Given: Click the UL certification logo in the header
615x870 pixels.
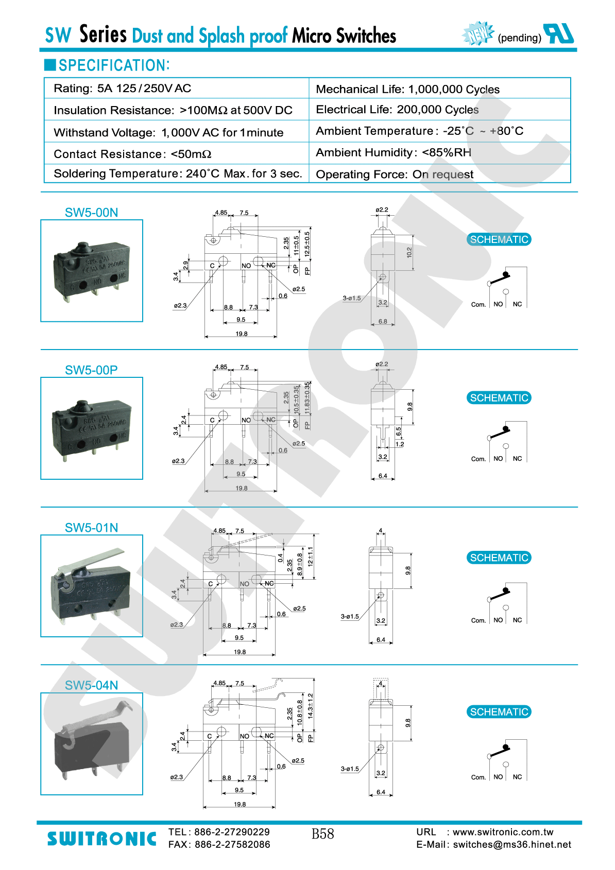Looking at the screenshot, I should [x=559, y=34].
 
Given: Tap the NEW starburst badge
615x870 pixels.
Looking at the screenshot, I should [x=478, y=34].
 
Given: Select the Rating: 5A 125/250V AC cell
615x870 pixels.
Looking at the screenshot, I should [x=123, y=89].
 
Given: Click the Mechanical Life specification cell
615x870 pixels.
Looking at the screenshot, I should [x=407, y=89].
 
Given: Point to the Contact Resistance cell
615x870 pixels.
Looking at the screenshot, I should [x=132, y=154].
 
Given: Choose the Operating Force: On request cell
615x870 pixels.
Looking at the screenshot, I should [x=395, y=175].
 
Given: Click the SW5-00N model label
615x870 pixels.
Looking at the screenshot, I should [x=91, y=213].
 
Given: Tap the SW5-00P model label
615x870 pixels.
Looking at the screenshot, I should [x=91, y=370].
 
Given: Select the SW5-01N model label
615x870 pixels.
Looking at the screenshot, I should [x=91, y=528].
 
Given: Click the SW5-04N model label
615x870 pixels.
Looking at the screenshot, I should [x=91, y=685].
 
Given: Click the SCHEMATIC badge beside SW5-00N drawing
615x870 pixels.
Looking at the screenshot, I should [x=499, y=239].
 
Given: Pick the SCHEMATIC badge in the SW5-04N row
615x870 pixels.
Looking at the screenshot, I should [x=499, y=712].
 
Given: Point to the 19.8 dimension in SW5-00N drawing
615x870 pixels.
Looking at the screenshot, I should [x=242, y=334].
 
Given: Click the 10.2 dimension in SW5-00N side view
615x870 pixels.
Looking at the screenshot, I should [x=409, y=252].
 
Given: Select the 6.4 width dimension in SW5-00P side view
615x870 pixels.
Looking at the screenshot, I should [x=383, y=476].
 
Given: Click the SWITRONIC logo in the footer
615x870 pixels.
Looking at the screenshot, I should [x=101, y=839].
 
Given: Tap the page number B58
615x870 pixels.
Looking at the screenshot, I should [x=323, y=834].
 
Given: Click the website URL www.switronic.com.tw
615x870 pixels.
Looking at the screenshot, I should [x=503, y=832].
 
